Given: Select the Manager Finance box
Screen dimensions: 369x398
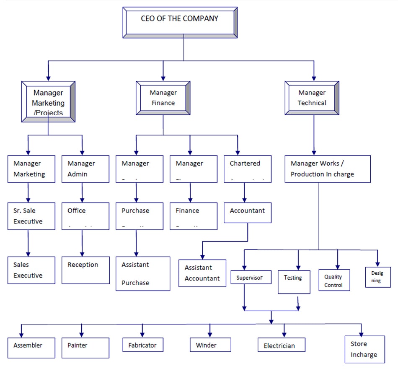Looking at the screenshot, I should (163, 98).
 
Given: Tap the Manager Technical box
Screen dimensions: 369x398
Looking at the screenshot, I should (312, 98).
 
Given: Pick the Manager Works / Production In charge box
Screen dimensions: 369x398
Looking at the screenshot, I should (327, 169).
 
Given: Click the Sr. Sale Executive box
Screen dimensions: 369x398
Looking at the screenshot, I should (31, 216).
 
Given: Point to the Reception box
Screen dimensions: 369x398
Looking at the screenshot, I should (85, 270).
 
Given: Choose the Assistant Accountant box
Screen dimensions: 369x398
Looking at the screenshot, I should (202, 273).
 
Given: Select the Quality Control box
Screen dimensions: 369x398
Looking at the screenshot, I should (333, 281).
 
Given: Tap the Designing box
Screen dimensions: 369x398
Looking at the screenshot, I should (377, 277).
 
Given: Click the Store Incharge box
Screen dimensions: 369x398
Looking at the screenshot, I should (364, 349).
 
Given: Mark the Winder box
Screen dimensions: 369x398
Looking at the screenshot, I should (210, 345).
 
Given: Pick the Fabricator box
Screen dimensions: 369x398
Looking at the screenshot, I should (142, 345).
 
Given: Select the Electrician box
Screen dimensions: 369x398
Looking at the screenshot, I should (281, 345).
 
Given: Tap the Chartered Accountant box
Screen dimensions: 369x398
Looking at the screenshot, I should (247, 169).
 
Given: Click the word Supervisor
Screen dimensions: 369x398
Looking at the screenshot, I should (250, 278).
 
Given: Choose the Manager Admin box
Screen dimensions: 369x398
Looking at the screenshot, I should (85, 169).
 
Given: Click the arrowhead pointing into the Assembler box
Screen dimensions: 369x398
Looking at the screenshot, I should (21, 334).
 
